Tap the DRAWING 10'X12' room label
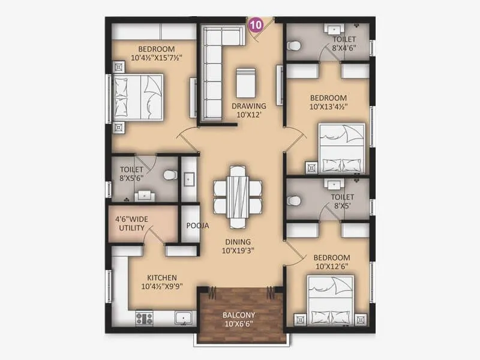[x=248, y=110]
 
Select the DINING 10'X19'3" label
[x=237, y=247]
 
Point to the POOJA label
[x=197, y=226]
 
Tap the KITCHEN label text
[x=161, y=281]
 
